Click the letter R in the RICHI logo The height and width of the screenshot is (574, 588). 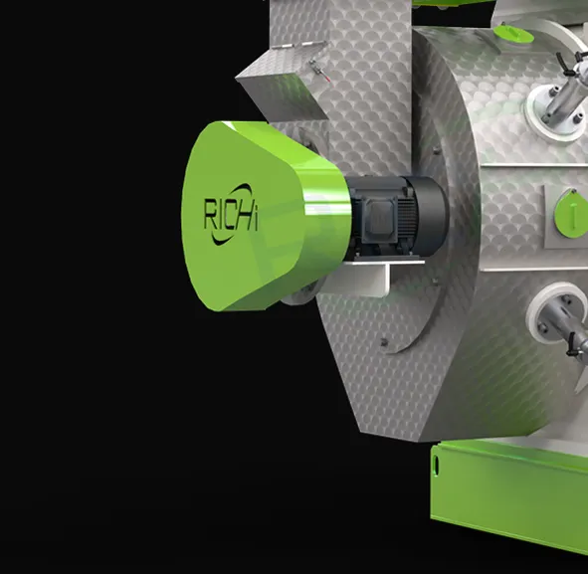pos(210,214)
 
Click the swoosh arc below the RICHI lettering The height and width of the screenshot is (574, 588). pos(224,239)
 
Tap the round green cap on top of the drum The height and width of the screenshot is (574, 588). pos(513,33)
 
